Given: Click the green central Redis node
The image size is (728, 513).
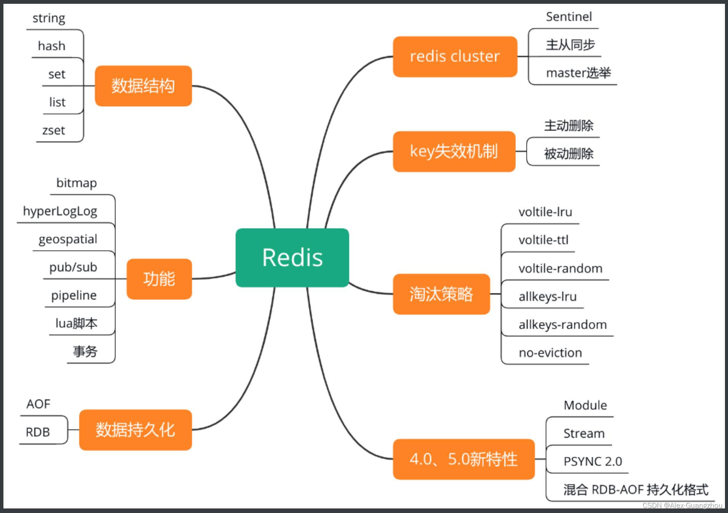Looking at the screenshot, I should click(x=292, y=258).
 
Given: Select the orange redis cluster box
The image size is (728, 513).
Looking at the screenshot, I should click(x=455, y=57).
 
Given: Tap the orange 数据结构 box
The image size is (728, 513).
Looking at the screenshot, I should click(x=143, y=86).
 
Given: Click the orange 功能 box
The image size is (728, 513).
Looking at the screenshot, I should click(x=159, y=279).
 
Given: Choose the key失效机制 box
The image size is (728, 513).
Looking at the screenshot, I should click(x=454, y=151).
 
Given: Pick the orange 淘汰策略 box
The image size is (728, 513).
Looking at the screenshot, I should click(x=441, y=294).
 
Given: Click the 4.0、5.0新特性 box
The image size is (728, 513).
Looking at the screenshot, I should click(x=464, y=459).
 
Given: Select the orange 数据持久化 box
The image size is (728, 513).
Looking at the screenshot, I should click(x=135, y=430).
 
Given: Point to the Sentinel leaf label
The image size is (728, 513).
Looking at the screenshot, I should click(x=569, y=17).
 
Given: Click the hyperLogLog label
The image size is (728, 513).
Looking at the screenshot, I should click(x=60, y=211).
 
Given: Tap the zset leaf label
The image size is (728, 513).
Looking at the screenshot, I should click(x=54, y=131).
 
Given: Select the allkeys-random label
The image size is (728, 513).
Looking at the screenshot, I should click(x=562, y=325).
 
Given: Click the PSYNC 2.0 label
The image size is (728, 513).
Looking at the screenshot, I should click(x=592, y=461).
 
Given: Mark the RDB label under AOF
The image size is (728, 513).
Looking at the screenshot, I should click(x=38, y=432).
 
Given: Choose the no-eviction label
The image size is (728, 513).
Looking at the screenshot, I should click(x=550, y=353).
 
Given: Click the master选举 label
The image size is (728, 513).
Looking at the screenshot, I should click(x=578, y=73).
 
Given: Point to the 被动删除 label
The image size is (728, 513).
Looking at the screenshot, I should click(x=568, y=154).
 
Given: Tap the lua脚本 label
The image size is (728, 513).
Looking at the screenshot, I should click(x=76, y=323).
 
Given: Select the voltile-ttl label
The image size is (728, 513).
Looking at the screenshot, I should click(x=543, y=240).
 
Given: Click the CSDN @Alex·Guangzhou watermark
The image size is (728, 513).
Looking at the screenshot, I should click(x=682, y=505).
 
